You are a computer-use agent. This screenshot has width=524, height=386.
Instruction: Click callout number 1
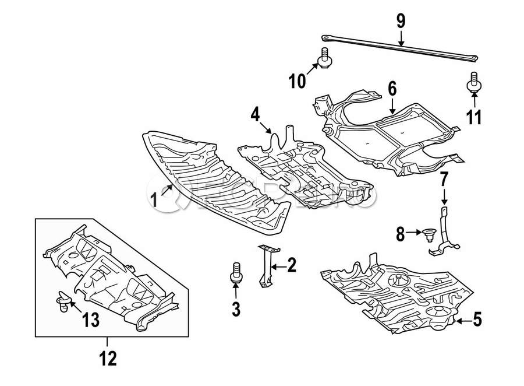154,202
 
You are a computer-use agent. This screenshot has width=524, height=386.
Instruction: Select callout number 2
292,266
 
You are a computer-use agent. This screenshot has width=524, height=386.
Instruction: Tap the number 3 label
236,310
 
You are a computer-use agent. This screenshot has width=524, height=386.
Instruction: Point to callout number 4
256,114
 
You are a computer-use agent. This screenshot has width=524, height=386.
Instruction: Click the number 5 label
477,319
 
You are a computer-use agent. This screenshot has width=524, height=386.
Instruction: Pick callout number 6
392,89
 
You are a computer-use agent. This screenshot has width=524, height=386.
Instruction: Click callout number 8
401,234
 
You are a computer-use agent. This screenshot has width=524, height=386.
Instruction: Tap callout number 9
401,22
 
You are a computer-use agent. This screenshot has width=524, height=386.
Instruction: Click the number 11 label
475,117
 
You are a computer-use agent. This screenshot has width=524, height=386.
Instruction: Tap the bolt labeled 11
474,83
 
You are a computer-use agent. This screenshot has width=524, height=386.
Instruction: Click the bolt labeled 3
235,274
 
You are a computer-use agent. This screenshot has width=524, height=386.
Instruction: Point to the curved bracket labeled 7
444,233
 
